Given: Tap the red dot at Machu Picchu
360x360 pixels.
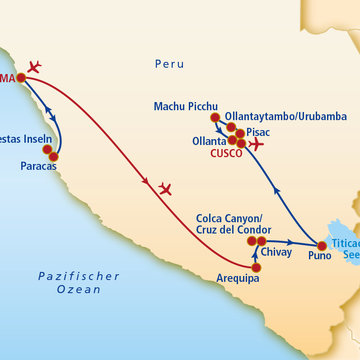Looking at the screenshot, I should point(215,118).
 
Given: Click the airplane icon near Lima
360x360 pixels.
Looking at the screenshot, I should point(33,67).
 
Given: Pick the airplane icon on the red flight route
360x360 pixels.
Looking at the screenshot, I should point(165,188).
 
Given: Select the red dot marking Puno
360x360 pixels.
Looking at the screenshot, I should point(321,245).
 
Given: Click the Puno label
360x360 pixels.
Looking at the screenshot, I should point(292,255).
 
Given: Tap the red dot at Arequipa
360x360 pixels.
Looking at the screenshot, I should point(255,264).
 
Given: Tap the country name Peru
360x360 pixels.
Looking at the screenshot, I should point(170,64).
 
